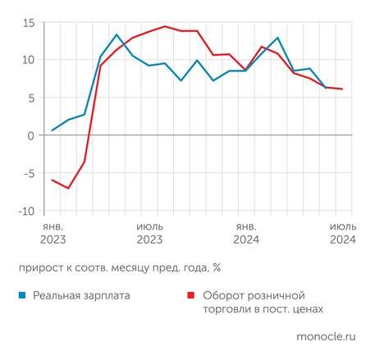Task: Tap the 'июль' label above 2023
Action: click(149, 225)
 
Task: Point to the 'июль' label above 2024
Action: click(342, 225)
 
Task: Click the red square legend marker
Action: click(191, 294)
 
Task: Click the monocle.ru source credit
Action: click(326, 336)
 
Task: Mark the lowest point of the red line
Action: click(68, 188)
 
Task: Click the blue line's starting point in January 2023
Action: click(53, 130)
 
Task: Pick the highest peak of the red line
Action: click(164, 26)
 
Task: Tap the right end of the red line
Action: click(342, 89)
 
